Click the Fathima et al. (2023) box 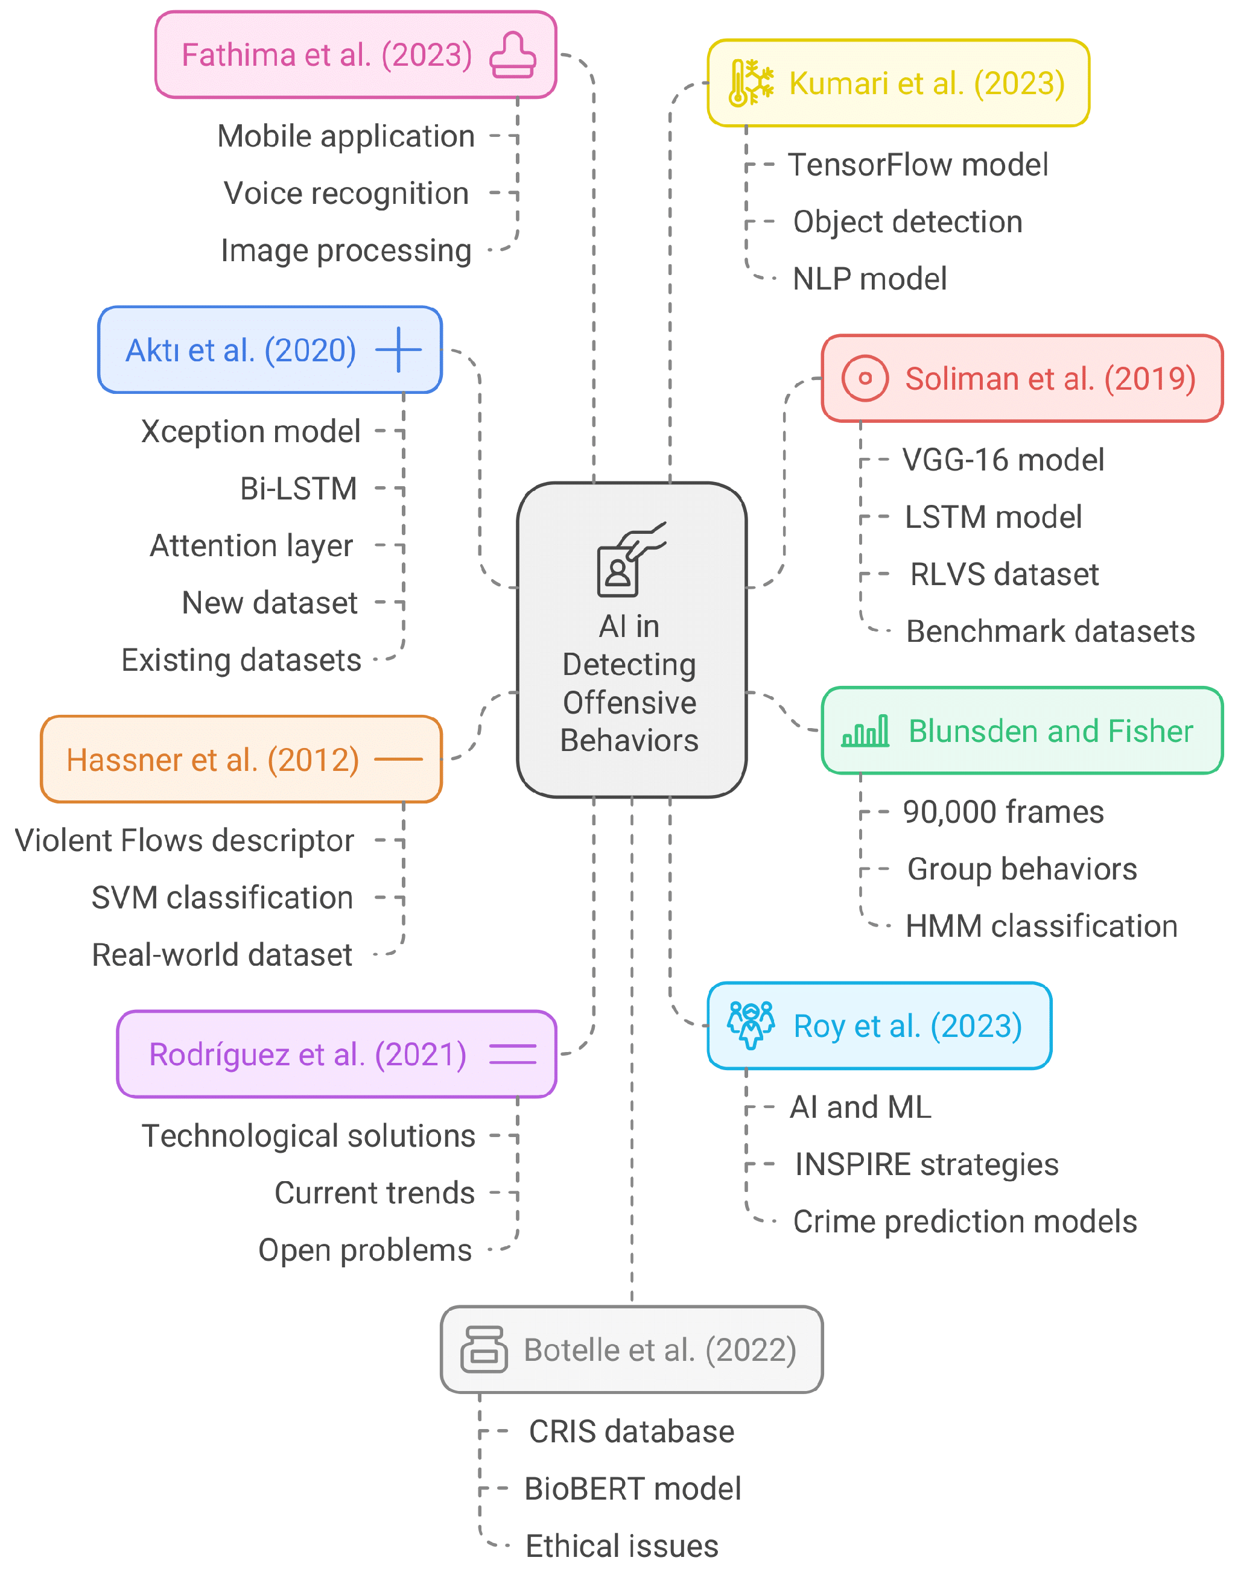355,55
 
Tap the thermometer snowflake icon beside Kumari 751,83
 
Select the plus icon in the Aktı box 398,350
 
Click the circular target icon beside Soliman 864,378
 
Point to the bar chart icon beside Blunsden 865,731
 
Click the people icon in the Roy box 751,1025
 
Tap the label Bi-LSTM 298,489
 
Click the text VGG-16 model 1002,460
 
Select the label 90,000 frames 1002,812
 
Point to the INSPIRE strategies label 925,1164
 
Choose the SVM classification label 222,898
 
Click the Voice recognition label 346,194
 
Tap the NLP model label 869,279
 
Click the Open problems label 364,1250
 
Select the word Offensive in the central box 629,703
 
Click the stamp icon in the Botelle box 483,1349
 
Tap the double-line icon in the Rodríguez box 513,1054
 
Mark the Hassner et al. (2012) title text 212,759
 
